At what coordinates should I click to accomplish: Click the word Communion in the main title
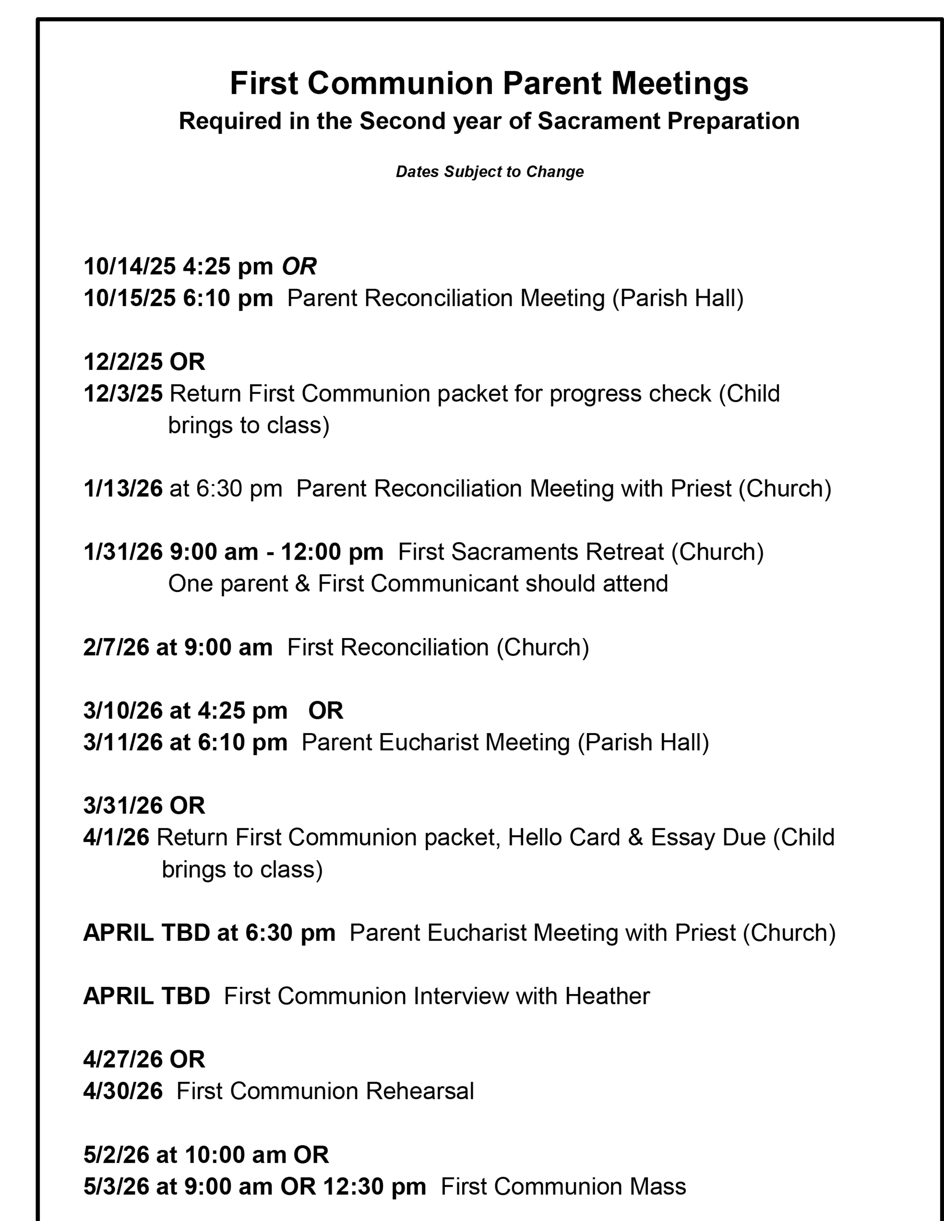[x=400, y=84]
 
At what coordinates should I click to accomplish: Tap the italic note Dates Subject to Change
[x=489, y=172]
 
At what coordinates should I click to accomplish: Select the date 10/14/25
[x=130, y=266]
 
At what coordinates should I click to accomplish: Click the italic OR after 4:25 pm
[x=299, y=266]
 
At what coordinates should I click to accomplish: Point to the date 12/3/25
[x=123, y=394]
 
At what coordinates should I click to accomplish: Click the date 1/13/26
[x=123, y=489]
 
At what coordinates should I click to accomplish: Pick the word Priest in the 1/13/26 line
[x=701, y=489]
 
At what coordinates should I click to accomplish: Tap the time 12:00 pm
[x=332, y=552]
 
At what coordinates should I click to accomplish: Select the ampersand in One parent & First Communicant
[x=302, y=583]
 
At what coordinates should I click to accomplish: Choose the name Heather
[x=607, y=996]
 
